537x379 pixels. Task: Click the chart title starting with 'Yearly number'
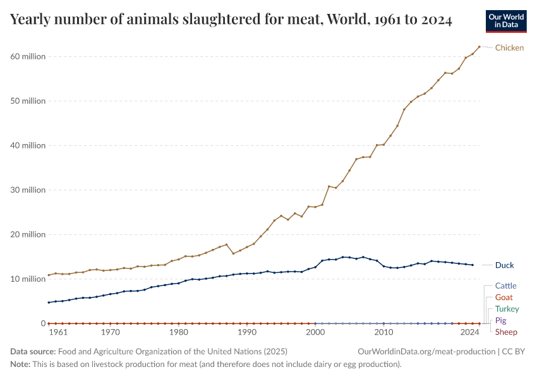pyautogui.click(x=231, y=20)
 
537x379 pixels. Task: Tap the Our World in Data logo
pyautogui.click(x=505, y=21)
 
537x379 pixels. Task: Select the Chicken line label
pyautogui.click(x=509, y=48)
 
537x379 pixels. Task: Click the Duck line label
pyautogui.click(x=504, y=265)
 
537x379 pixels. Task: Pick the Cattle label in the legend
pyautogui.click(x=505, y=286)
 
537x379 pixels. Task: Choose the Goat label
pyautogui.click(x=504, y=298)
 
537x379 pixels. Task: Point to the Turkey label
pyautogui.click(x=507, y=309)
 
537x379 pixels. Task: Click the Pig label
pyautogui.click(x=500, y=321)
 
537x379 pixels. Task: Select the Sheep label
pyautogui.click(x=506, y=332)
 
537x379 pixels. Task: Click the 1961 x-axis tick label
pyautogui.click(x=57, y=332)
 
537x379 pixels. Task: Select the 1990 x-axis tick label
pyautogui.click(x=247, y=332)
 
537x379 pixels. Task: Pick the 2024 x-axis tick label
pyautogui.click(x=469, y=332)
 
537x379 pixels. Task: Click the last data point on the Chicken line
pyautogui.click(x=480, y=47)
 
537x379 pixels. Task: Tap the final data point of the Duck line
pyautogui.click(x=473, y=265)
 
